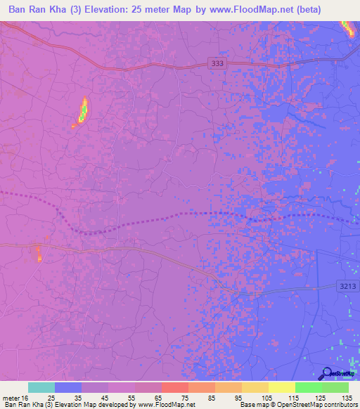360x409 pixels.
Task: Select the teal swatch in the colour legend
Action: pyautogui.click(x=41, y=387)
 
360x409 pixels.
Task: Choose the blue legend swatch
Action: pyautogui.click(x=68, y=387)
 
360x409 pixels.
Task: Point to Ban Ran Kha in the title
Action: pyautogui.click(x=32, y=10)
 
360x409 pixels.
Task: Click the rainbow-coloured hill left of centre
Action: pyautogui.click(x=82, y=112)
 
